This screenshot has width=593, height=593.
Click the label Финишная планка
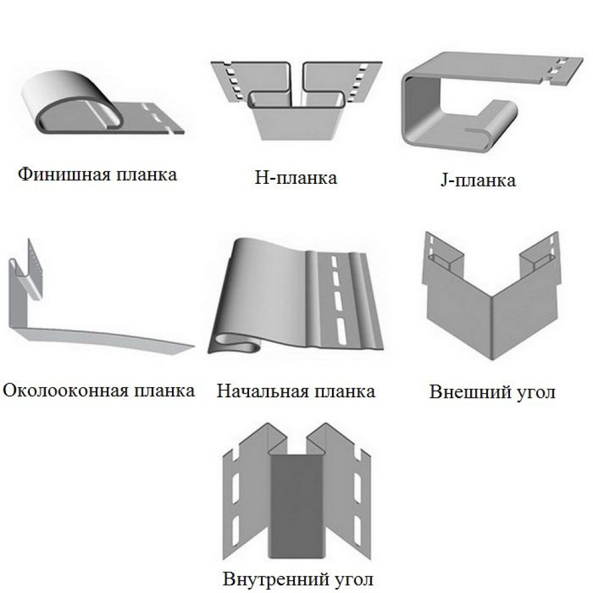click(x=98, y=175)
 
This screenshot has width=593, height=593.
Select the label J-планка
click(x=475, y=180)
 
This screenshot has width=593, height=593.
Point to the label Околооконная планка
click(x=98, y=391)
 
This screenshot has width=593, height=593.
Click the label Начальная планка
click(x=296, y=391)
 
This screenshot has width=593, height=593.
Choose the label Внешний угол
click(x=492, y=392)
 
